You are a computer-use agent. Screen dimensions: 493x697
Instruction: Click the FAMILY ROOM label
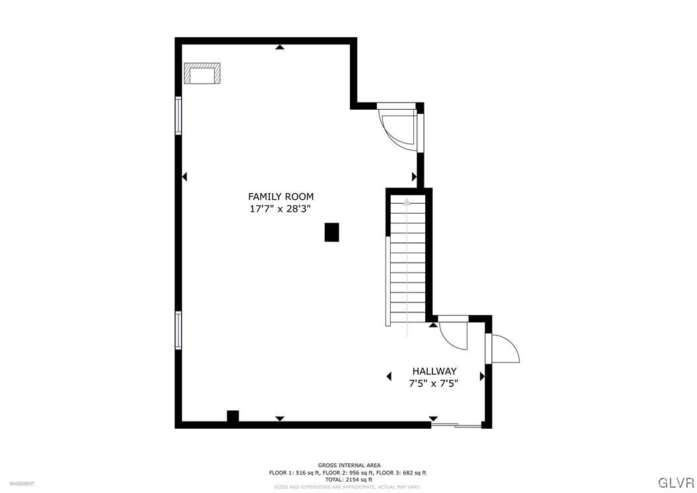pyautogui.click(x=280, y=197)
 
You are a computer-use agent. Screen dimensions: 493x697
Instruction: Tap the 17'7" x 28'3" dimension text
pyautogui.click(x=280, y=208)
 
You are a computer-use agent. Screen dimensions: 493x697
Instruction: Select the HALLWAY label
pyautogui.click(x=434, y=371)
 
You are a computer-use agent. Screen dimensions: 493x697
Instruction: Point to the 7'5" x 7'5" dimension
pyautogui.click(x=434, y=382)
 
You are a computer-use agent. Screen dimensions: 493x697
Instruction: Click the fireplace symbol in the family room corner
pyautogui.click(x=202, y=73)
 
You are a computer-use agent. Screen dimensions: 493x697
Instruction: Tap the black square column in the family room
pyautogui.click(x=331, y=232)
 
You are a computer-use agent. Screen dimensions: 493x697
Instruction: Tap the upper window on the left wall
pyautogui.click(x=179, y=116)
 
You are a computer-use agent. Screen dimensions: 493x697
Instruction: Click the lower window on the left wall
pyautogui.click(x=179, y=330)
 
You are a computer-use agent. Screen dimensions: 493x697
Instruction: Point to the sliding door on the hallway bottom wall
pyautogui.click(x=457, y=425)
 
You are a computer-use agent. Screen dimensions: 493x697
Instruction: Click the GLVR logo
pyautogui.click(x=675, y=481)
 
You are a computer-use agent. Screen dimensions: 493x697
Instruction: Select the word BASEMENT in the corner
pyautogui.click(x=22, y=484)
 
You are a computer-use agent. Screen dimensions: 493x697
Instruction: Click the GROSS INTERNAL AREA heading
pyautogui.click(x=348, y=465)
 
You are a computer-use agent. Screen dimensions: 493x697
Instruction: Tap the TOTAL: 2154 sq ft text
pyautogui.click(x=348, y=480)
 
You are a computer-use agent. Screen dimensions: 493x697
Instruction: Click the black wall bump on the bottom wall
pyautogui.click(x=233, y=416)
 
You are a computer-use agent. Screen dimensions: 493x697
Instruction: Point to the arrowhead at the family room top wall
pyautogui.click(x=280, y=47)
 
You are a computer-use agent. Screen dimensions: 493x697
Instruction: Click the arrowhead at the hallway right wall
pyautogui.click(x=482, y=376)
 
